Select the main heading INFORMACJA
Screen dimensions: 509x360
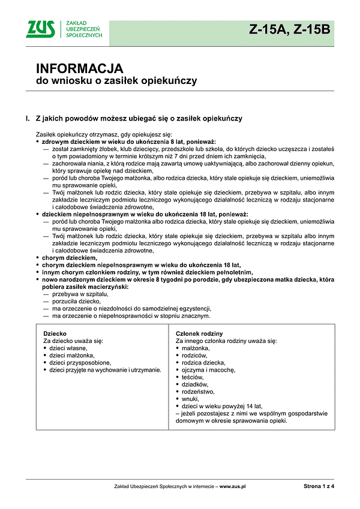click(80, 68)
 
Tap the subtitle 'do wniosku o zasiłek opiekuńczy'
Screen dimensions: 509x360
click(116, 80)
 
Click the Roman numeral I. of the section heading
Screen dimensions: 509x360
click(28, 119)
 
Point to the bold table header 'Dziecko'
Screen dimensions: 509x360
click(55, 333)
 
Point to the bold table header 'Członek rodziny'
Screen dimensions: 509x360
click(199, 333)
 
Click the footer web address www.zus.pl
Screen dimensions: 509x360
click(233, 487)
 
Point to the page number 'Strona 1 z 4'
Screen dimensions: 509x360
click(319, 487)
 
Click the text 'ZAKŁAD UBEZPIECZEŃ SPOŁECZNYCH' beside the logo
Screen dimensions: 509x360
click(84, 29)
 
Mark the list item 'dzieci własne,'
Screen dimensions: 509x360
click(69, 348)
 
